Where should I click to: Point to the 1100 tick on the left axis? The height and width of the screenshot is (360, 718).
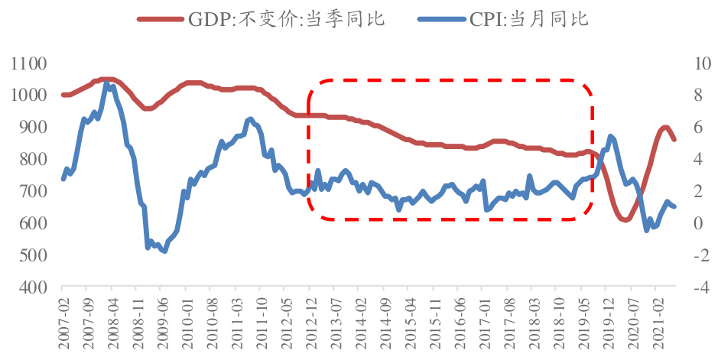pyautogui.click(x=29, y=63)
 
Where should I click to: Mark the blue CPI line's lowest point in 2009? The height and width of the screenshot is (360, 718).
pyautogui.click(x=164, y=251)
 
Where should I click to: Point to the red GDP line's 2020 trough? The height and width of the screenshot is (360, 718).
pyautogui.click(x=625, y=220)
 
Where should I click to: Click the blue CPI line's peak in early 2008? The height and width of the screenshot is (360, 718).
pyautogui.click(x=106, y=83)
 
